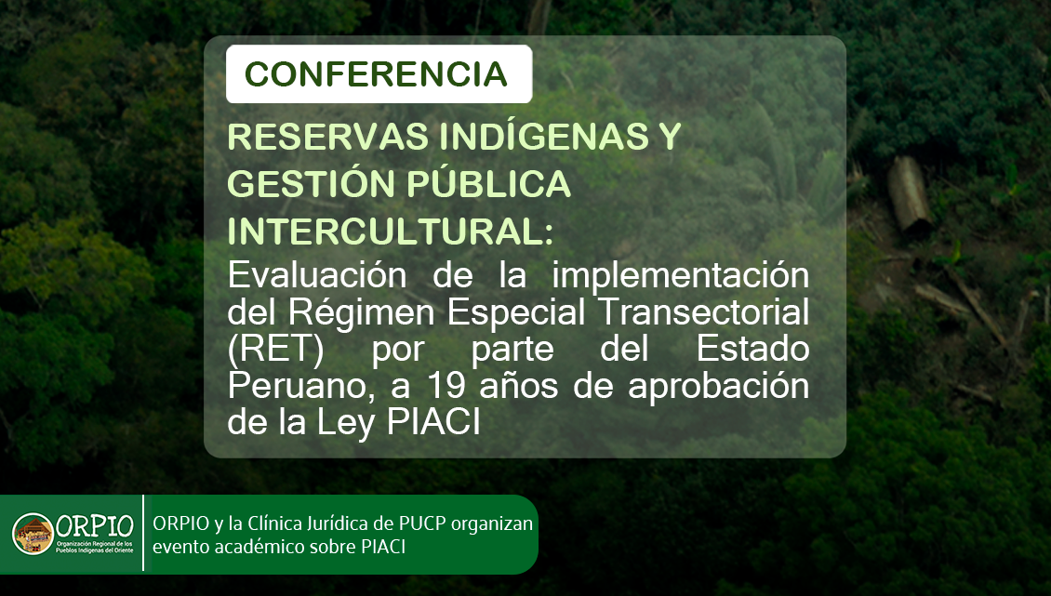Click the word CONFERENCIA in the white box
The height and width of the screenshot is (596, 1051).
(376, 73)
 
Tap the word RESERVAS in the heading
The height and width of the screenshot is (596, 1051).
(328, 137)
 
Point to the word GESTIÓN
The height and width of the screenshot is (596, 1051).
(311, 184)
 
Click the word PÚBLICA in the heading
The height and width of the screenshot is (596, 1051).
(489, 184)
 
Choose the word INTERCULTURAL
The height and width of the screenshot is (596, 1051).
(385, 232)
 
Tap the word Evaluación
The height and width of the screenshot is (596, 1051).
(317, 275)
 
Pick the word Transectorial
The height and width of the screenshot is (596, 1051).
(703, 311)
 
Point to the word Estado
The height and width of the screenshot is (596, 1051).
(752, 349)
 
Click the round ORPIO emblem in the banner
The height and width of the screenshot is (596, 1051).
(33, 534)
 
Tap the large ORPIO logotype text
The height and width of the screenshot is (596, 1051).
(95, 526)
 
